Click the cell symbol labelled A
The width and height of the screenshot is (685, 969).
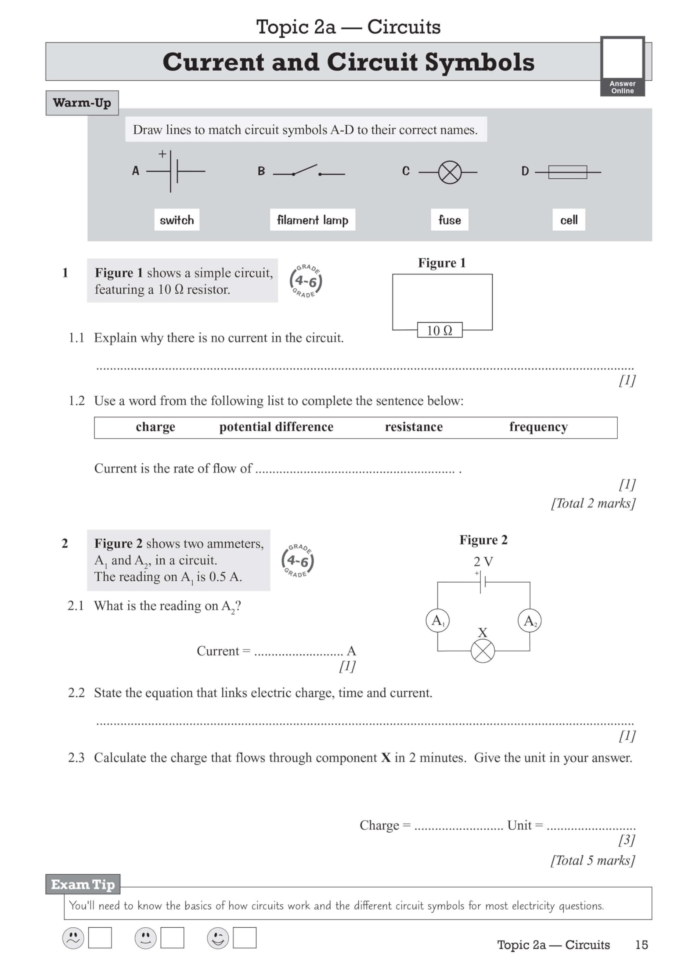click(x=174, y=171)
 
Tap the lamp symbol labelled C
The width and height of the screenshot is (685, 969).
click(x=450, y=172)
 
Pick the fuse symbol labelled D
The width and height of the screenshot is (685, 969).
click(x=567, y=172)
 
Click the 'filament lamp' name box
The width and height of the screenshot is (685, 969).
click(x=312, y=220)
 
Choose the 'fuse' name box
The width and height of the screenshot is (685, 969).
click(x=450, y=220)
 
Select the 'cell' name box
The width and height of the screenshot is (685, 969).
click(x=568, y=220)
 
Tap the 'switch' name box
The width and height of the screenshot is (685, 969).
click(x=176, y=220)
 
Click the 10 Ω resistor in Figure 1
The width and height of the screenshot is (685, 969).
click(x=439, y=330)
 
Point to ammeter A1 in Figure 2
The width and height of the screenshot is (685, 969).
click(x=437, y=620)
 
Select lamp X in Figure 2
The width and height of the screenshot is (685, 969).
click(x=483, y=651)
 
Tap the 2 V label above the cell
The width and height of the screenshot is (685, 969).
click(x=483, y=562)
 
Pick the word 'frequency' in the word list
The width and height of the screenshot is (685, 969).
click(x=538, y=427)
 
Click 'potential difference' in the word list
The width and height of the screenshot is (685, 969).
click(x=276, y=427)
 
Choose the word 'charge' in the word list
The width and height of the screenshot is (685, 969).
click(x=155, y=427)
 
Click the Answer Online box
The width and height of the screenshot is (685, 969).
click(x=623, y=65)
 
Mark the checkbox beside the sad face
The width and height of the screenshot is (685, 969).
click(x=100, y=938)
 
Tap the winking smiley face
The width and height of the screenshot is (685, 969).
click(x=218, y=938)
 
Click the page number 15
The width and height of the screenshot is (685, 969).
click(x=641, y=944)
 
